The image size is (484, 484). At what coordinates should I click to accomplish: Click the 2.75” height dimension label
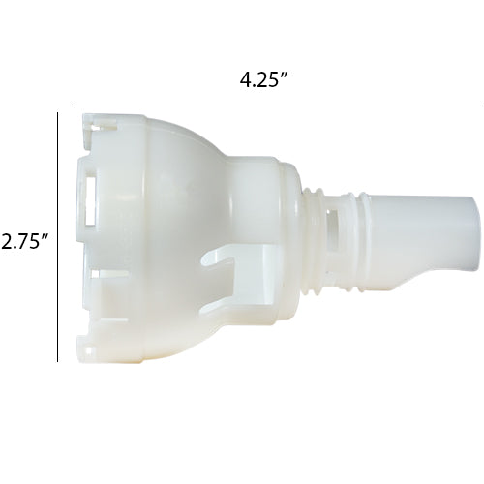pyautogui.click(x=24, y=241)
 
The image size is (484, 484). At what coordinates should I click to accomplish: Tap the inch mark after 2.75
pyautogui.click(x=46, y=236)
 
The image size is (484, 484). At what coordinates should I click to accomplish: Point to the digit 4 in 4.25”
pyautogui.click(x=246, y=80)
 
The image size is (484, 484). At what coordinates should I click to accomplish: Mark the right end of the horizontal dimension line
pyautogui.click(x=479, y=106)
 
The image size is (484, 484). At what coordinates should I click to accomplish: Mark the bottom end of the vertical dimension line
pyautogui.click(x=58, y=361)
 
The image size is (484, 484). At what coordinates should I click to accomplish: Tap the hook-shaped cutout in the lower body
pyautogui.click(x=227, y=266)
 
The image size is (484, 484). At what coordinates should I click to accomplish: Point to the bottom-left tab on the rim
pyautogui.click(x=89, y=344)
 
